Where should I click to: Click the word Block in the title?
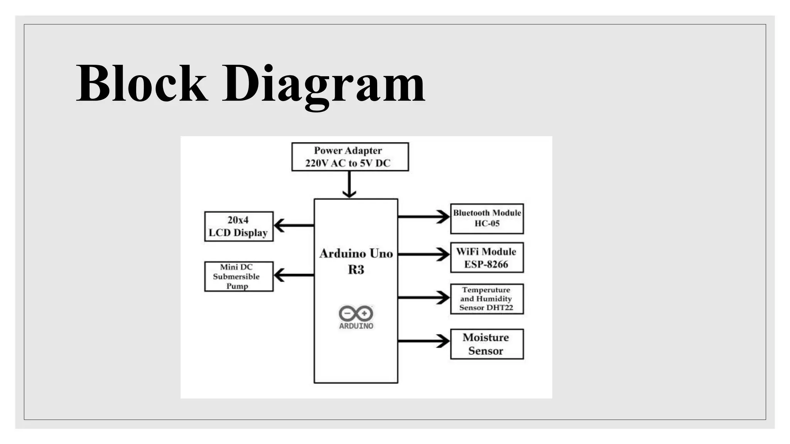142,84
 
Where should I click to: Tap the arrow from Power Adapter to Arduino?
349,184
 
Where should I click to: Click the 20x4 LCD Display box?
239,226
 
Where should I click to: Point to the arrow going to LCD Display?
294,225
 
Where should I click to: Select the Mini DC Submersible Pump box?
239,276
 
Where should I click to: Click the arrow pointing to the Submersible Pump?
294,275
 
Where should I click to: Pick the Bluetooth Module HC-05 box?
487,219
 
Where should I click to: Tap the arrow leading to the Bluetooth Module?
424,217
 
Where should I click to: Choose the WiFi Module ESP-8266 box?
487,257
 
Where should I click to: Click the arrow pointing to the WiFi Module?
424,254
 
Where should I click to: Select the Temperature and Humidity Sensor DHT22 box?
487,299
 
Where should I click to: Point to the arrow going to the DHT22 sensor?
424,298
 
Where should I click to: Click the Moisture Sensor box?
487,344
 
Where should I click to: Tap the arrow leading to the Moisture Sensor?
424,341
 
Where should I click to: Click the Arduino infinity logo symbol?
356,313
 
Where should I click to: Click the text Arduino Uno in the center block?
356,254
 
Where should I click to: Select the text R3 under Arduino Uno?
356,270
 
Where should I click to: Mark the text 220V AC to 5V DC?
348,163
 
